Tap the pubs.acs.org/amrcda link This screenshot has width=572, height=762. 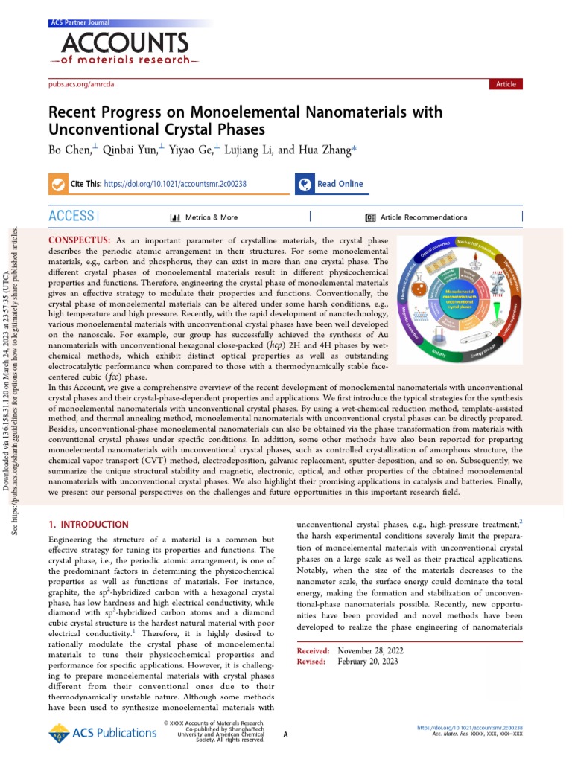pos(80,85)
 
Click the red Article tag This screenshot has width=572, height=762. pos(506,84)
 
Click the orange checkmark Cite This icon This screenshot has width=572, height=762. pos(57,184)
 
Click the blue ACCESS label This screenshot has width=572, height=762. pos(71,217)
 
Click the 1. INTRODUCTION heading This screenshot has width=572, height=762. pos(88,525)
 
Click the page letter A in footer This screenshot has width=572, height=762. pos(286,734)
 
